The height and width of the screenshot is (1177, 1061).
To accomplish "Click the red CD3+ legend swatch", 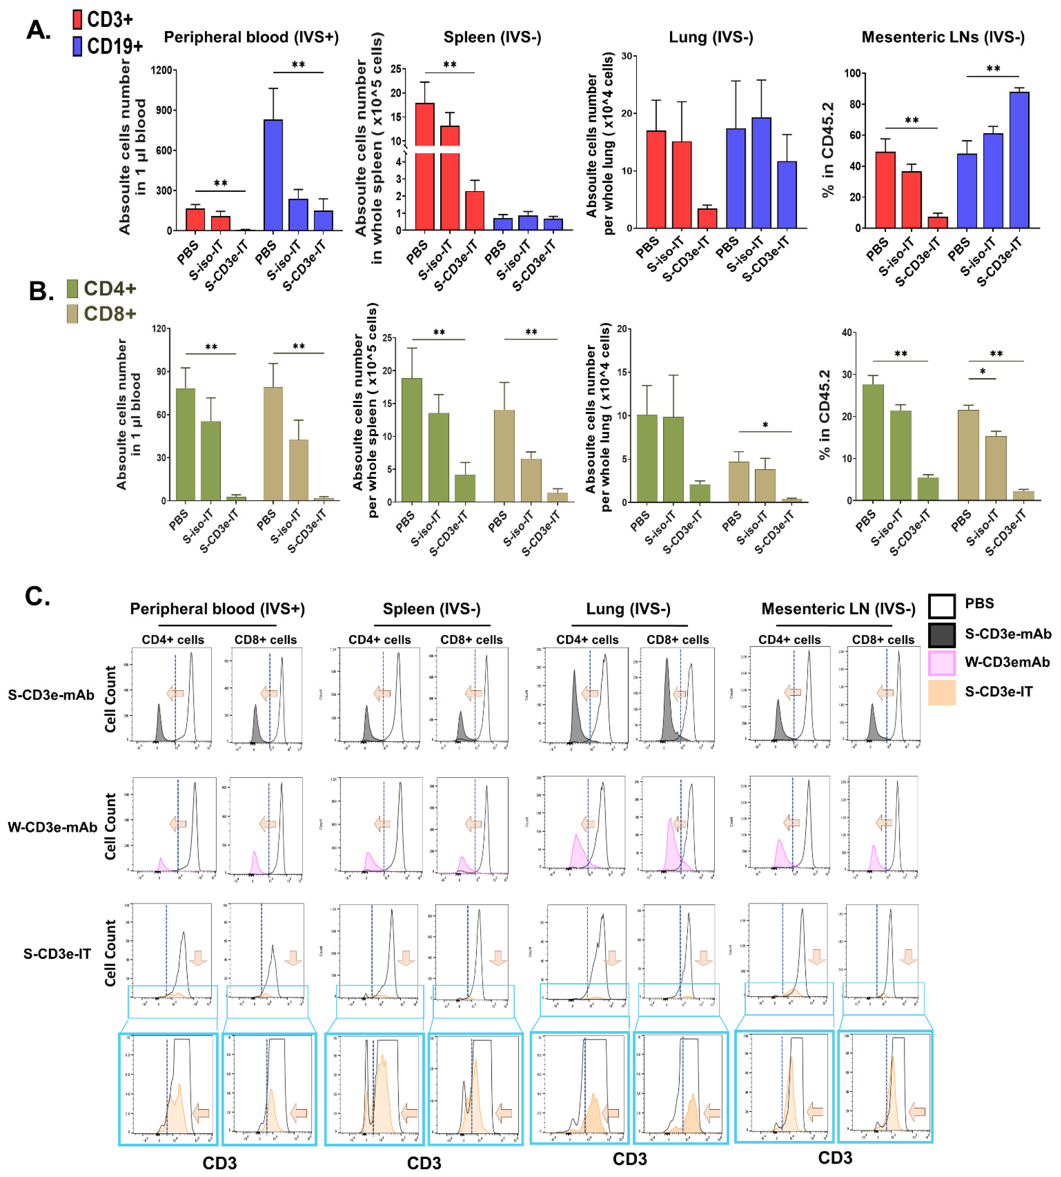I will coord(77,19).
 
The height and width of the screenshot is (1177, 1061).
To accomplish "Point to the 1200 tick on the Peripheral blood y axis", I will coord(162,71).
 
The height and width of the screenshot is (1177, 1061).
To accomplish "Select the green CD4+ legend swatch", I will coord(72,288).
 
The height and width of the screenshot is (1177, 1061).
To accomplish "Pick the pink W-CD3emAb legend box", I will coord(942,663).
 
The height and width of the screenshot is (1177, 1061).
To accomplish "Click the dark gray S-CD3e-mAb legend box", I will coord(942,635).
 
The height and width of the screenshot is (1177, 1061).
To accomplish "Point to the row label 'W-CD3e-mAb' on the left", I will coord(52,827).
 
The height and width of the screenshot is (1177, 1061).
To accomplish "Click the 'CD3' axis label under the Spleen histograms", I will coord(424,1163).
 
